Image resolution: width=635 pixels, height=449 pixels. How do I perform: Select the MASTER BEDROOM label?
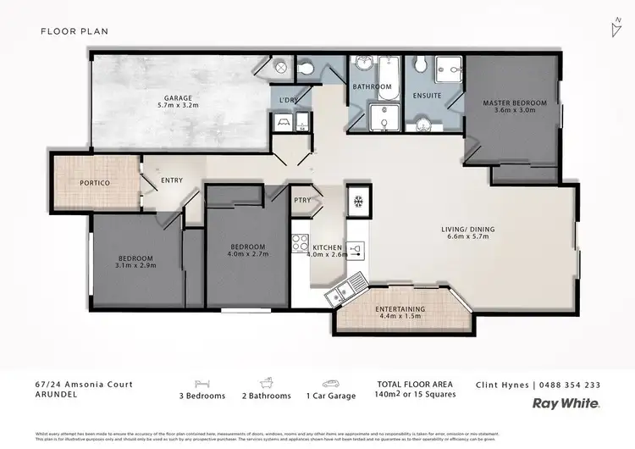[515, 103]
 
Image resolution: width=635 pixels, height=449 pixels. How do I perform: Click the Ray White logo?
[566, 403]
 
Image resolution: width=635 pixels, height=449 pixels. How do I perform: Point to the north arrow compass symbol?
[614, 28]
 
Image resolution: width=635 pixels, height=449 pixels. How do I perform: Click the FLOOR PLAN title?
[75, 31]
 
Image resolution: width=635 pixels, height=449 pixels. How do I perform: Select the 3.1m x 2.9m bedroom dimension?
[136, 266]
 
